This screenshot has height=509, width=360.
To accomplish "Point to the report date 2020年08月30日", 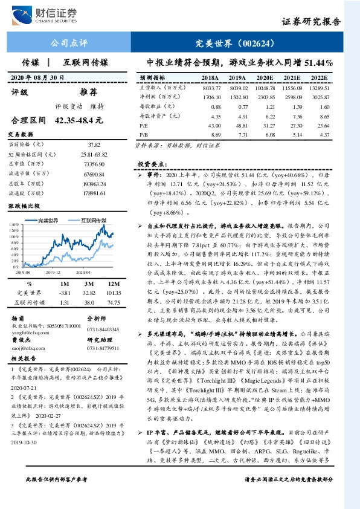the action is [x=37, y=78].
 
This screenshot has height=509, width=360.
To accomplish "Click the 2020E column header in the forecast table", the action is [x=264, y=78].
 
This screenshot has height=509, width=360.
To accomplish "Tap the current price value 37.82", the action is [x=94, y=145].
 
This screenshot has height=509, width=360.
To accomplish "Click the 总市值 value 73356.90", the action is [x=94, y=164].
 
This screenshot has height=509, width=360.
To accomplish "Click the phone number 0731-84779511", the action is [x=103, y=348].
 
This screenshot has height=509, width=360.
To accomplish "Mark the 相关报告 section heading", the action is [x=25, y=359].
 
